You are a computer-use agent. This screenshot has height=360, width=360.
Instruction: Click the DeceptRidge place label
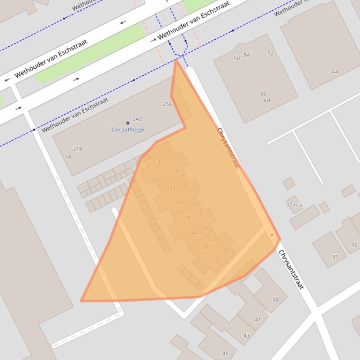click(128, 130)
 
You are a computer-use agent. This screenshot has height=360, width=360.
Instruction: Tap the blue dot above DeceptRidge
click(128, 123)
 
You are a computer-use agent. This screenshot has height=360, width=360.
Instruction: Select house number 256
click(167, 104)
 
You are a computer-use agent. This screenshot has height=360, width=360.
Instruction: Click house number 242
click(137, 119)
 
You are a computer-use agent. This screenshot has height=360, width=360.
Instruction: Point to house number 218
click(77, 149)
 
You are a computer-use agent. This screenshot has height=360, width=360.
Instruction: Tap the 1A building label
click(68, 157)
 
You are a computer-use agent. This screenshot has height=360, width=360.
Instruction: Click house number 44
click(335, 72)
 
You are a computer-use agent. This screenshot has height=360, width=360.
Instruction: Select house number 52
click(271, 54)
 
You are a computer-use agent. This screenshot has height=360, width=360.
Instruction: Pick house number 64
click(247, 55)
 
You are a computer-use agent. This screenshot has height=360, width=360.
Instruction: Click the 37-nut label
click(294, 205)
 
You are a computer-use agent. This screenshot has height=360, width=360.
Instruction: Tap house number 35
click(354, 245)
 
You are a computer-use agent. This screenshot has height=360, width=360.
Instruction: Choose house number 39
click(275, 301)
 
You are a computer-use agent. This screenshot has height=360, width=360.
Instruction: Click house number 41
click(258, 320)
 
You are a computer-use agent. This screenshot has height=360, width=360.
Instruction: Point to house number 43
click(246, 336)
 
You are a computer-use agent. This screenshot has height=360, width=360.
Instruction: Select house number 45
click(226, 354)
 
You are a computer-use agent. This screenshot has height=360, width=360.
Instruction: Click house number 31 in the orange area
click(217, 259)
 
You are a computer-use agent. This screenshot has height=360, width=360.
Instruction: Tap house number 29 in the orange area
click(226, 250)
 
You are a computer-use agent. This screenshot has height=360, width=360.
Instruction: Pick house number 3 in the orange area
click(159, 161)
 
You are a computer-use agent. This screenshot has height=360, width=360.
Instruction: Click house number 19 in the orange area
click(187, 218)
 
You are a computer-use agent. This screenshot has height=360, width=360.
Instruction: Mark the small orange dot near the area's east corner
click(272, 235)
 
